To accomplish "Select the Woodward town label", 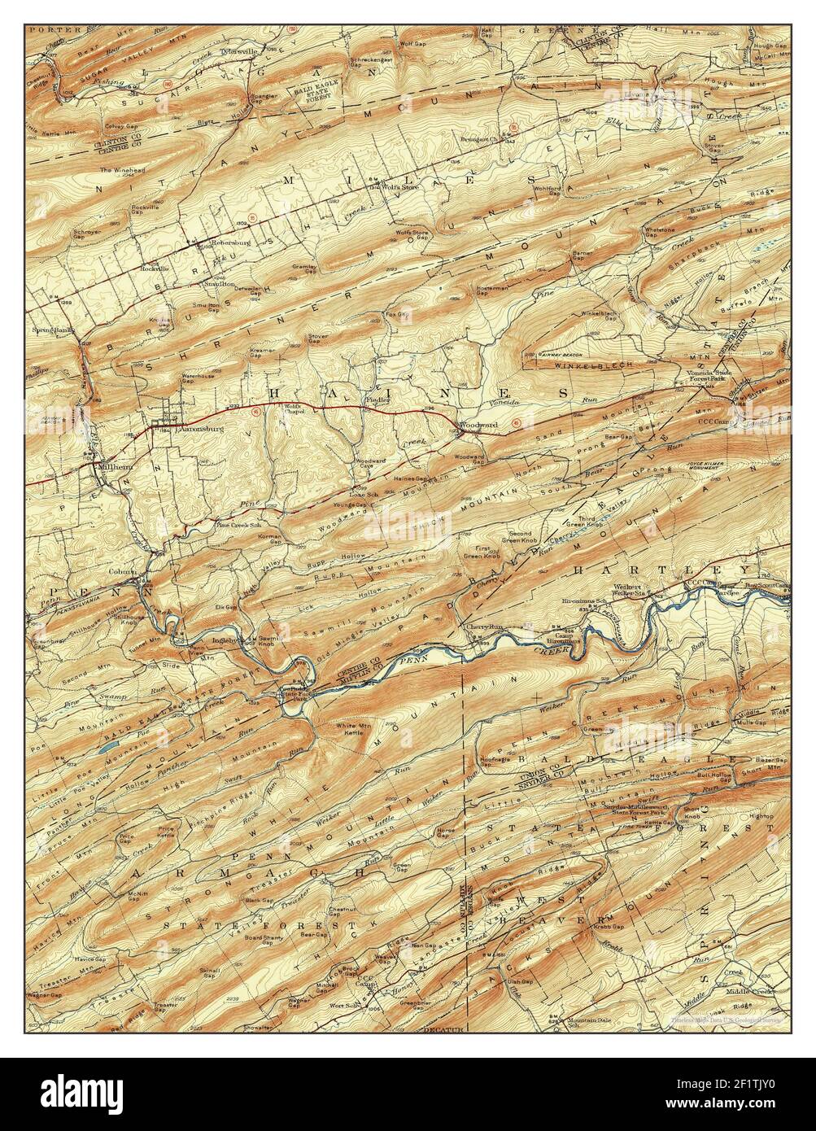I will pyautogui.click(x=474, y=425).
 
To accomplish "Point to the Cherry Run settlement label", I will pyautogui.click(x=482, y=627).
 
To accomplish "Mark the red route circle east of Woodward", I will pyautogui.click(x=516, y=422).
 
